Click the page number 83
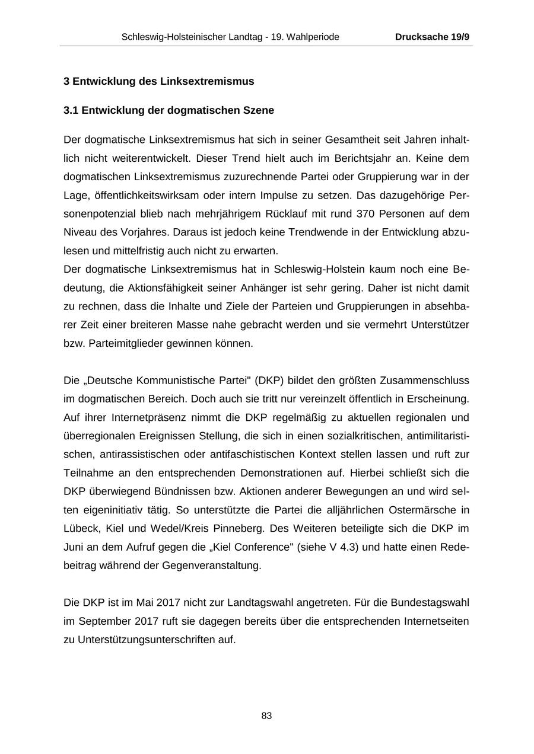pyautogui.click(x=266, y=716)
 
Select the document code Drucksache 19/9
pyautogui.click(x=432, y=37)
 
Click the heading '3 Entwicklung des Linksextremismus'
pyautogui.click(x=158, y=81)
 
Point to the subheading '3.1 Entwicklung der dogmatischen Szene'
pyautogui.click(x=169, y=110)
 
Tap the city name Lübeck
pyautogui.click(x=80, y=528)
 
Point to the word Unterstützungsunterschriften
pyautogui.click(x=156, y=640)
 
